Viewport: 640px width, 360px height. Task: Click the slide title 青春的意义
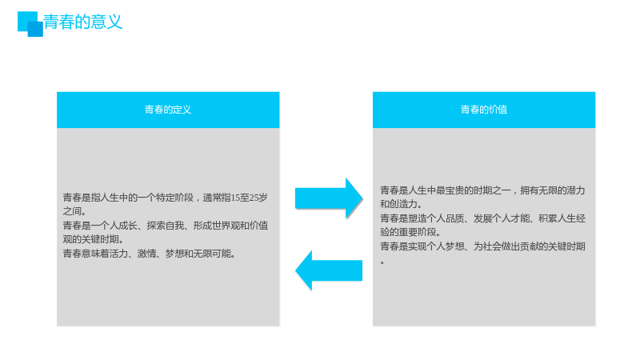click(x=83, y=22)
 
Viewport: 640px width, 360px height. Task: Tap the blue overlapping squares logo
click(x=30, y=24)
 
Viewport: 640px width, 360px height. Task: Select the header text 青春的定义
click(x=168, y=110)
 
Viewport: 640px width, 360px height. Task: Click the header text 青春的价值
click(x=484, y=110)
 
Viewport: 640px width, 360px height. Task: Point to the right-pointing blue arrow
click(x=329, y=198)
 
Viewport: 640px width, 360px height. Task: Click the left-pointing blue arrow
click(x=329, y=270)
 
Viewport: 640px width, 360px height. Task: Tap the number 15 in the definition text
click(x=235, y=198)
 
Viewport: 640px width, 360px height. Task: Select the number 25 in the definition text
click(x=254, y=198)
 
